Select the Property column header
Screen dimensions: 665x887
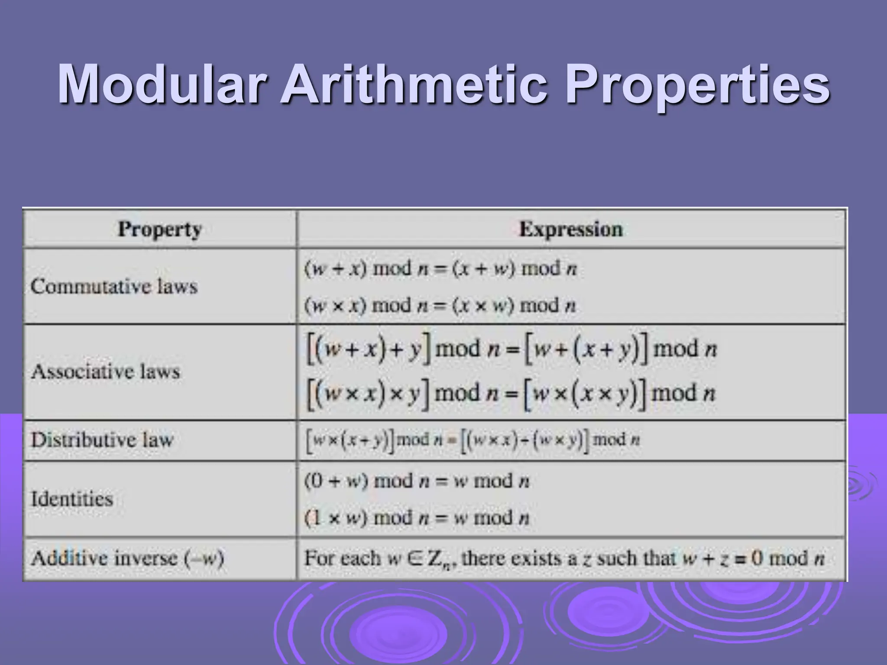pos(160,229)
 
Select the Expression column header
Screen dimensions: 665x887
pos(571,229)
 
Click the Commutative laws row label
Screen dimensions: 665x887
pos(114,286)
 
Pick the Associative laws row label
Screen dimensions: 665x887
pos(105,371)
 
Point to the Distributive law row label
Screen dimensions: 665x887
pos(102,440)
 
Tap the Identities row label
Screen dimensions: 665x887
pos(72,499)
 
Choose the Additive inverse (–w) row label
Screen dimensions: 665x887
pos(127,558)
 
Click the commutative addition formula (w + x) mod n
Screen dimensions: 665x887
pos(440,268)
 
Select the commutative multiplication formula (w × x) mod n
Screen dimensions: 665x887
pos(440,306)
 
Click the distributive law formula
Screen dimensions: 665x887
pos(473,440)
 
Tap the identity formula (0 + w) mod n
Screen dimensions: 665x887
pos(416,481)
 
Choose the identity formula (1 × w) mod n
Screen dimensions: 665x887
pos(416,518)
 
